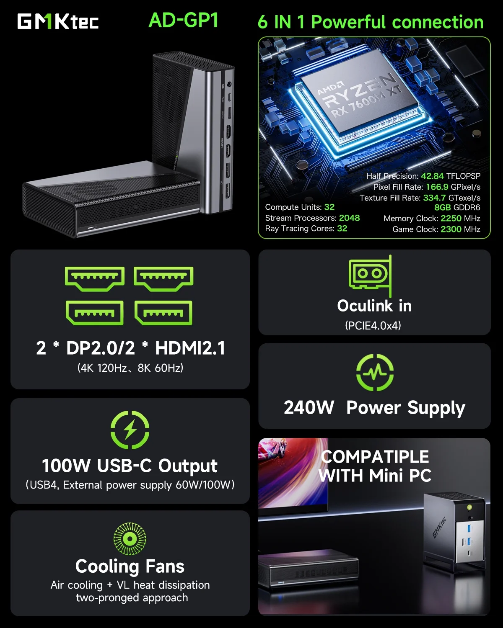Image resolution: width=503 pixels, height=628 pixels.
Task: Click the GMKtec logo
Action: [58, 21]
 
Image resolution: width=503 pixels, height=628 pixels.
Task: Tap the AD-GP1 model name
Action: [184, 20]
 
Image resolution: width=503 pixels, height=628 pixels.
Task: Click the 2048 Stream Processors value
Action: [349, 218]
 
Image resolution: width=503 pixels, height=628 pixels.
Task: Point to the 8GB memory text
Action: [442, 207]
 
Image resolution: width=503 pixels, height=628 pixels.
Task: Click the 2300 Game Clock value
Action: [451, 229]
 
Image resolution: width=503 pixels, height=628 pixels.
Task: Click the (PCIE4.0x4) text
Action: [373, 325]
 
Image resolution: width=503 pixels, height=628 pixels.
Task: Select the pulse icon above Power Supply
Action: [375, 372]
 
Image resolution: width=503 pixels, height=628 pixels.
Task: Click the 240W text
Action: [309, 407]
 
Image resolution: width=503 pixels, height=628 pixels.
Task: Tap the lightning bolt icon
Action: [130, 430]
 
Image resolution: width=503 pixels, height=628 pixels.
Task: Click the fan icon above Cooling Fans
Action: [130, 538]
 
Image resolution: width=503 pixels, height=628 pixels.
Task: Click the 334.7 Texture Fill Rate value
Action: [434, 198]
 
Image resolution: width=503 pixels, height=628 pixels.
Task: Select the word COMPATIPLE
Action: [375, 457]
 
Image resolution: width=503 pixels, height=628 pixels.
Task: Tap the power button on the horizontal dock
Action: [95, 227]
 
